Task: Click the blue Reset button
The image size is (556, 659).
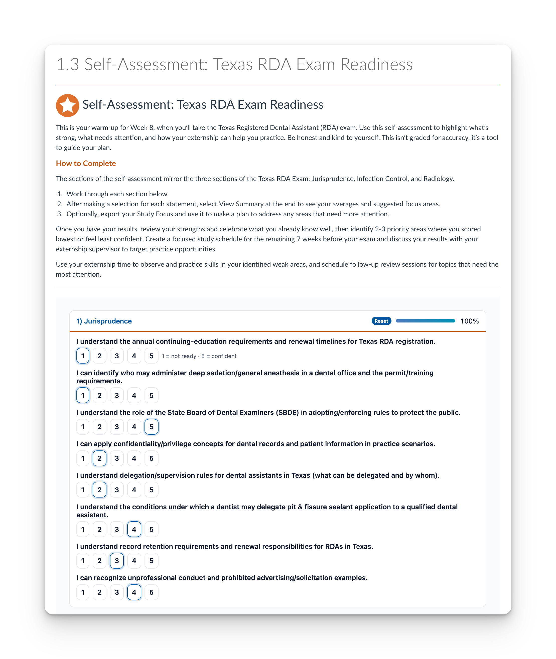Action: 381,321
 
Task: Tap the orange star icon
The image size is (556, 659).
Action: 67,105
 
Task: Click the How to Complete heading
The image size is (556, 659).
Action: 86,163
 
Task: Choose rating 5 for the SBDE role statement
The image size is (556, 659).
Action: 151,427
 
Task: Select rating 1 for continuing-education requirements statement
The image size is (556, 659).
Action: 83,356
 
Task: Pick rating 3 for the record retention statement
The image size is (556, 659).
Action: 117,561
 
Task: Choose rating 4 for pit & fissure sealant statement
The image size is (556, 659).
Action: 134,529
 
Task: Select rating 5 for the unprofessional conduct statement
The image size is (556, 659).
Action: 151,592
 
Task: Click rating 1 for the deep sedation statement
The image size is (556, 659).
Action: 83,395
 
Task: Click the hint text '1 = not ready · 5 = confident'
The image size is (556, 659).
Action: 199,356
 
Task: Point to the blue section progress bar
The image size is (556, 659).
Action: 425,321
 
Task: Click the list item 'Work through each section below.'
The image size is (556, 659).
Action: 117,194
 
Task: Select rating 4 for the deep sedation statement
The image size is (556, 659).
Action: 134,395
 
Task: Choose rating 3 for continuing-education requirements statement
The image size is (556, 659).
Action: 117,356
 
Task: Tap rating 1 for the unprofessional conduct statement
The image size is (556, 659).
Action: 83,592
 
